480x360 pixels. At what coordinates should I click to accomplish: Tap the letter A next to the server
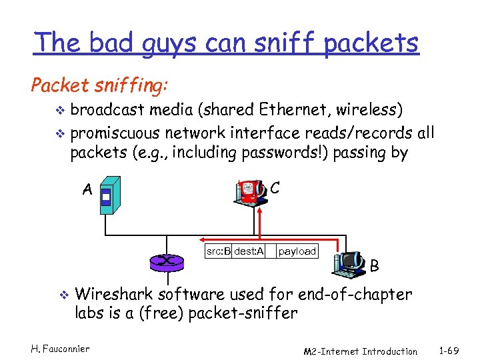[x=87, y=190]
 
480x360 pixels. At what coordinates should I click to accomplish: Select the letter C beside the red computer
[x=275, y=188]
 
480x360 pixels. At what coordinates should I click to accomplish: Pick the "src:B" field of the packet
[x=218, y=251]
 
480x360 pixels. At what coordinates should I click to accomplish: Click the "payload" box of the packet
[x=297, y=251]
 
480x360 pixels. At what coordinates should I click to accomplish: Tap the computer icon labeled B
[x=349, y=263]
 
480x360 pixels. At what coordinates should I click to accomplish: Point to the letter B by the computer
[x=375, y=267]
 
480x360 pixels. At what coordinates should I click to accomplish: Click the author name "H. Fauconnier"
[x=61, y=347]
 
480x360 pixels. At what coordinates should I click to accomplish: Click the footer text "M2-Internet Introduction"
[x=360, y=351]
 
